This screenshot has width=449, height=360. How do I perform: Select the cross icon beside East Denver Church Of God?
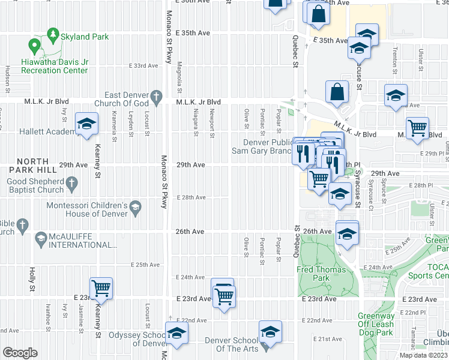(x=156, y=96)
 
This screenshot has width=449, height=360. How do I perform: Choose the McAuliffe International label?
(x=83, y=240)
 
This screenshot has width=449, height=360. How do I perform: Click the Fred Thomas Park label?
(x=321, y=274)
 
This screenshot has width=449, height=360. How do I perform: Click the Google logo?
(x=20, y=353)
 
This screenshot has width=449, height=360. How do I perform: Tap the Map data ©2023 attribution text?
(x=423, y=355)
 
